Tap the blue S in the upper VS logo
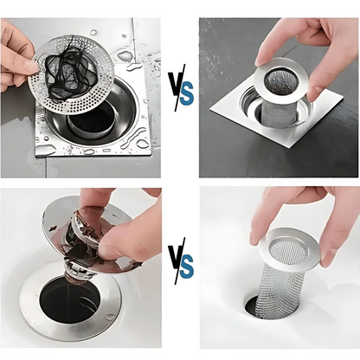point(186,93)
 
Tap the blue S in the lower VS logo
point(186,265)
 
